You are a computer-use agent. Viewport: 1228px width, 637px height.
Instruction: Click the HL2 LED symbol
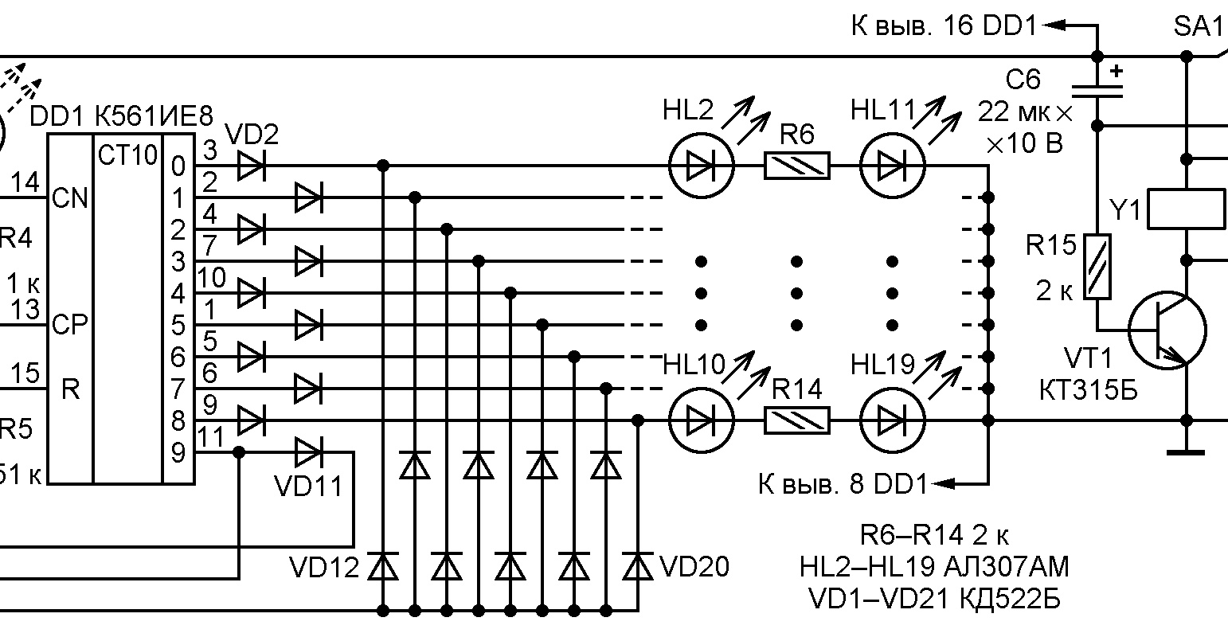click(701, 166)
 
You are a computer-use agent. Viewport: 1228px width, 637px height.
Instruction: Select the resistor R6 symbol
click(796, 166)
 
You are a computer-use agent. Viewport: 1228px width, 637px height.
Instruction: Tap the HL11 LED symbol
click(892, 166)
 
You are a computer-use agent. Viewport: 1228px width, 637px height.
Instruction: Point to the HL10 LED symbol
click(701, 420)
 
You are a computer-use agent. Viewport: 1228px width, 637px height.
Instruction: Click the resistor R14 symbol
click(796, 420)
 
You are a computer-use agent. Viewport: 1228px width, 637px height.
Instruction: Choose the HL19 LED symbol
click(892, 420)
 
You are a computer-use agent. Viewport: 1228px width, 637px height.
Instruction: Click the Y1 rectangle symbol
click(1186, 209)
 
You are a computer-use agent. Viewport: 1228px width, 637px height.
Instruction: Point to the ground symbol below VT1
click(1186, 453)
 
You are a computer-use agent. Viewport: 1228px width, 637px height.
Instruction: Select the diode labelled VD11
click(308, 452)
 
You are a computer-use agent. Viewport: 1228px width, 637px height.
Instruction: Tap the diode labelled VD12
click(384, 567)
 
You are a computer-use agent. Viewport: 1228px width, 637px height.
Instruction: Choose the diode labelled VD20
click(637, 567)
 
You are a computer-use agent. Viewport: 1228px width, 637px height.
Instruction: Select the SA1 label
click(1198, 28)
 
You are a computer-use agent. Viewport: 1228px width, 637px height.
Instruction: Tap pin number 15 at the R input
click(26, 373)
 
